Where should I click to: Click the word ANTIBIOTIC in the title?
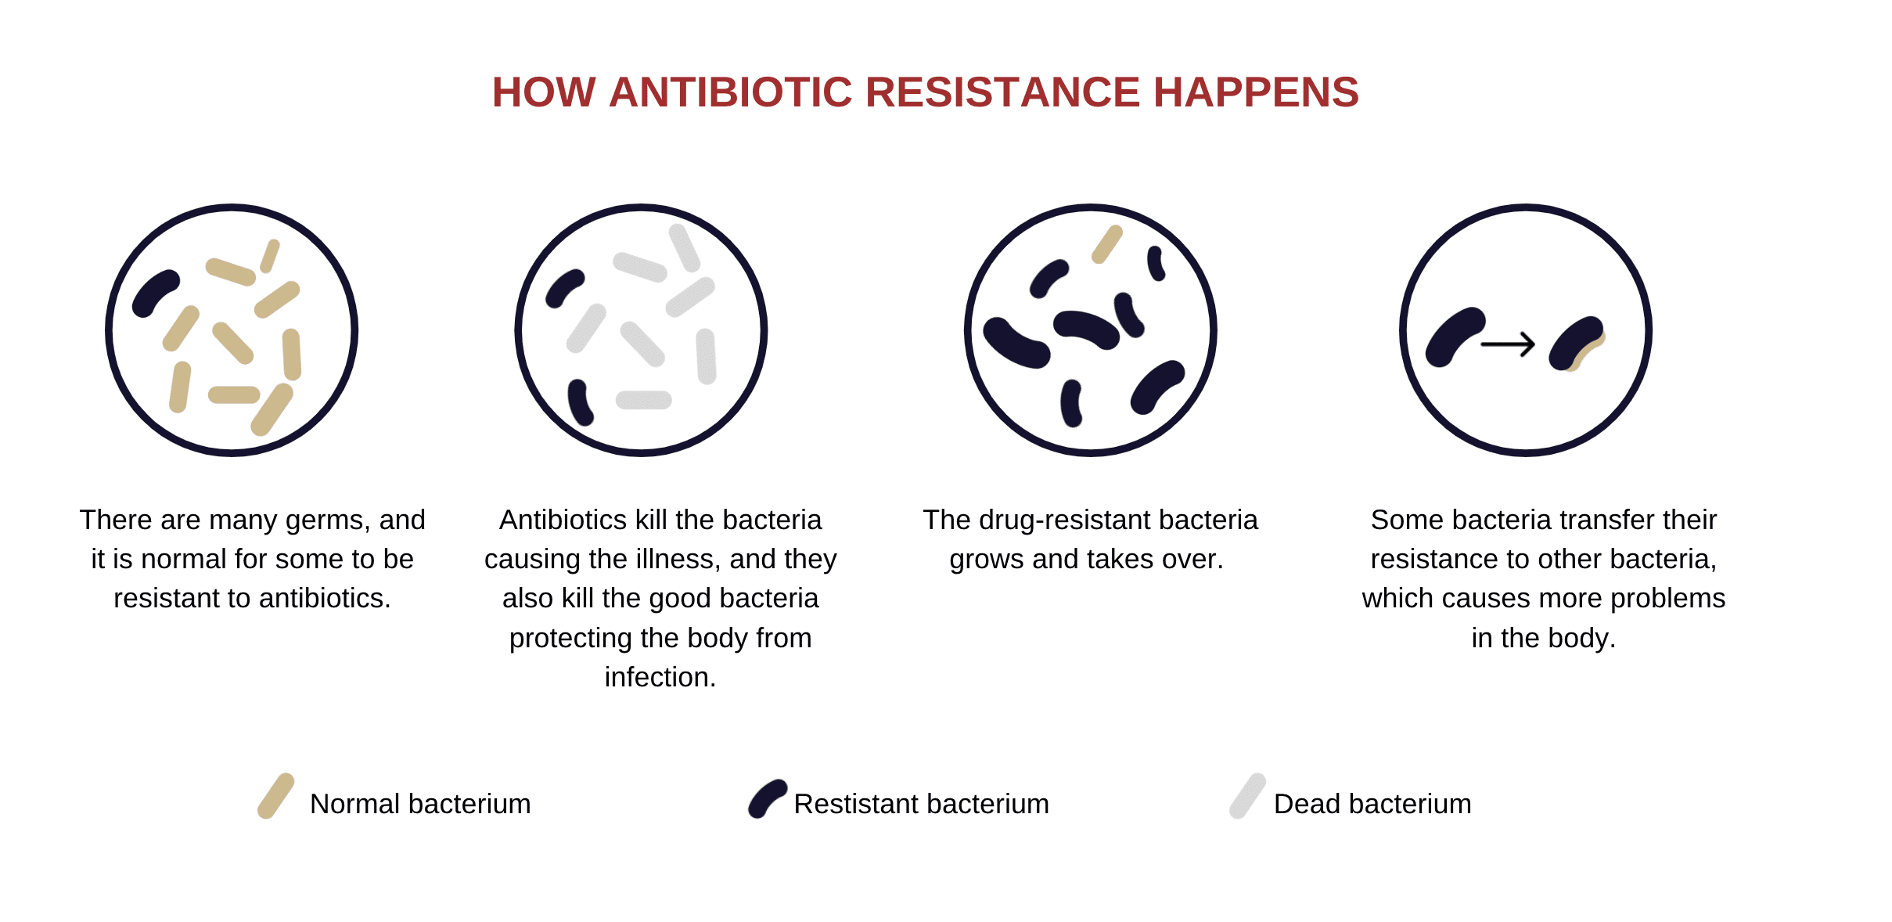(730, 92)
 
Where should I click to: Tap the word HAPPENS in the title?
(1256, 92)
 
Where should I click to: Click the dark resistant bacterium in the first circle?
(156, 294)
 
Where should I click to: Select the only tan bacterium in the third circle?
(1107, 244)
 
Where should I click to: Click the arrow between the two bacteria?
(1508, 344)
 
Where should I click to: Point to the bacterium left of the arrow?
(1455, 337)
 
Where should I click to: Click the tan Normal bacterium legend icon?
(276, 796)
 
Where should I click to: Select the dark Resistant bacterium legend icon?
(768, 798)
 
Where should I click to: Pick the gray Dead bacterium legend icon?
(1247, 796)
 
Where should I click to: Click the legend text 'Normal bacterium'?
(420, 804)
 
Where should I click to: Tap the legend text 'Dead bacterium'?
(1372, 804)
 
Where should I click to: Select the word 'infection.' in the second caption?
(660, 677)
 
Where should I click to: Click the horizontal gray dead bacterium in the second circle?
(644, 400)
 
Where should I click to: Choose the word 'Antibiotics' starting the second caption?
(563, 520)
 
